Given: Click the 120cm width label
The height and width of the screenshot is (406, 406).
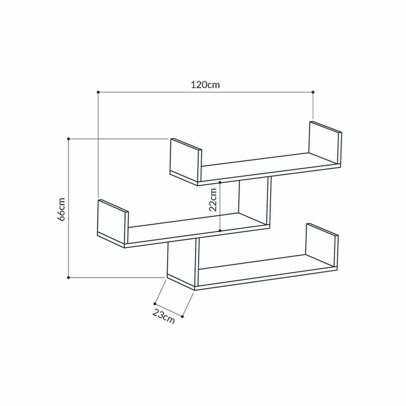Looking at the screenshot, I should pos(205,85).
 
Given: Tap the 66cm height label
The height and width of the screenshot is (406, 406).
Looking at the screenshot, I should pos(61,209).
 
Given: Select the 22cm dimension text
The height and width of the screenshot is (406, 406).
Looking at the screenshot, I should pos(213,199).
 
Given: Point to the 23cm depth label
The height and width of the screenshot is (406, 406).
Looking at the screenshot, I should pos(163,316).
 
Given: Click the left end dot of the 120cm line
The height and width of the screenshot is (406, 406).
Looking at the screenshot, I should pos(97,92).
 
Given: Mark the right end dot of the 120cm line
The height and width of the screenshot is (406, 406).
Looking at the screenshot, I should pos(313,92).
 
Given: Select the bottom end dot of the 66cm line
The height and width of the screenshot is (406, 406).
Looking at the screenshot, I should pos(69,278).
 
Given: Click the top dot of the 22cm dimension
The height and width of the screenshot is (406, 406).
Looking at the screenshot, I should pos(220,181).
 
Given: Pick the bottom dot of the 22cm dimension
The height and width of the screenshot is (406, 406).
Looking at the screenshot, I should pos(220,231).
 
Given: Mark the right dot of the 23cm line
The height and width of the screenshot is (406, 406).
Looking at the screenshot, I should pos(182,316).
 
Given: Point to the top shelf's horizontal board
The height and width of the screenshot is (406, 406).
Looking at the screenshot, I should pos(264,167).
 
